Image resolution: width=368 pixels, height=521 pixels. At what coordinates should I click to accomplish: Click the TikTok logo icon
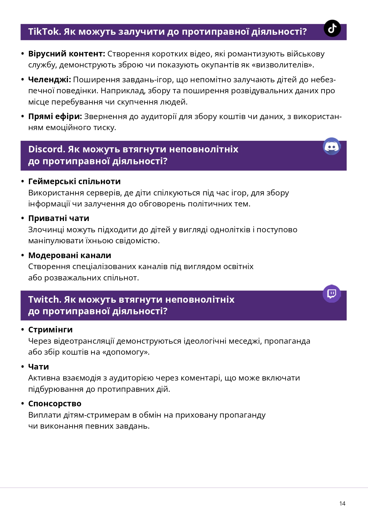click(x=332, y=28)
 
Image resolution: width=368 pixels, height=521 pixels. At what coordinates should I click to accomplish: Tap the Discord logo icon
click(x=332, y=146)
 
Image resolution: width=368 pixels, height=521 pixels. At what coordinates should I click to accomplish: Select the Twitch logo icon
click(x=332, y=294)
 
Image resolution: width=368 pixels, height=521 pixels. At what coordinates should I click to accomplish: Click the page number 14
click(x=342, y=503)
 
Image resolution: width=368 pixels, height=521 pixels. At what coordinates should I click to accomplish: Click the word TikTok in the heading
click(x=44, y=31)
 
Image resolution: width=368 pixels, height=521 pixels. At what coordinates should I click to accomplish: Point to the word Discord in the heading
click(x=46, y=149)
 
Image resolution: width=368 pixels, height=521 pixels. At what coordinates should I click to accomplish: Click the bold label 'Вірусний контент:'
click(x=67, y=54)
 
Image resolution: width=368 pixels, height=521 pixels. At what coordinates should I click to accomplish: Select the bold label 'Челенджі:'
click(x=50, y=80)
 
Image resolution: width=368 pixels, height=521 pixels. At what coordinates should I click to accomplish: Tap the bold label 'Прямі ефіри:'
click(x=55, y=116)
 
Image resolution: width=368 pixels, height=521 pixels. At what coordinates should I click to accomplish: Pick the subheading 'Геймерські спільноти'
click(x=74, y=181)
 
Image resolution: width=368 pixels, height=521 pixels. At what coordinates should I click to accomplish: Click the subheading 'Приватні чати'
click(x=59, y=218)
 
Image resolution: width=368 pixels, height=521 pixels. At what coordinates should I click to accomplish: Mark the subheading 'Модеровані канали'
click(x=70, y=255)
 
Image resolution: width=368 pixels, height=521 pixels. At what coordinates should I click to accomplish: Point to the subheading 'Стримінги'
click(x=50, y=329)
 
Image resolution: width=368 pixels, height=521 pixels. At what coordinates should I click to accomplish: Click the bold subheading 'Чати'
click(x=39, y=367)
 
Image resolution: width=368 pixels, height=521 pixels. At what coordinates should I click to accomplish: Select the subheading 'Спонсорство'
click(x=55, y=404)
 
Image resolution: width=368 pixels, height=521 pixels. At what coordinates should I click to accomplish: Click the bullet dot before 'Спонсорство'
click(x=23, y=404)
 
